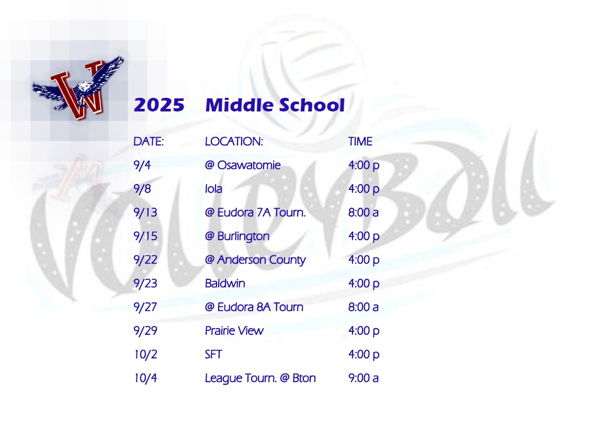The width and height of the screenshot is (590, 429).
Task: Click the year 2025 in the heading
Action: [x=159, y=105]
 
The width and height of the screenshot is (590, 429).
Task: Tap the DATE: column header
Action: [x=149, y=141]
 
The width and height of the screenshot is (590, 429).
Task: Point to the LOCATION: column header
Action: [x=233, y=141]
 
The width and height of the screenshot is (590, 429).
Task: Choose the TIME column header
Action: [x=360, y=141]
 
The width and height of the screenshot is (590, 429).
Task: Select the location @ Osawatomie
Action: [x=243, y=165]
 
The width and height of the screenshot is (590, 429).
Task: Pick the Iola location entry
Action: [x=213, y=189]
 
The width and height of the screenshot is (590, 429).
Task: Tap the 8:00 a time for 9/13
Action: [x=363, y=212]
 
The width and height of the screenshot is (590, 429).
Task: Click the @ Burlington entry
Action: [x=237, y=236]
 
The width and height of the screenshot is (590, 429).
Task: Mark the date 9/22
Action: [x=145, y=260]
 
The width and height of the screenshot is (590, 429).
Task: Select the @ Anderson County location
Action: [x=255, y=260]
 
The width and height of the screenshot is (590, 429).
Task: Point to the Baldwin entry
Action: [x=225, y=284]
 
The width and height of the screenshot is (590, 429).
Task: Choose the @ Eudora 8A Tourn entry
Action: [x=254, y=307]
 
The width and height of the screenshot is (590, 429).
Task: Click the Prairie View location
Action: [x=234, y=331]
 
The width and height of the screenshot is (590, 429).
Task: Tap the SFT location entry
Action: [x=213, y=354]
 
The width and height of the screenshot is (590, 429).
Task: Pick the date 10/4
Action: [x=145, y=378]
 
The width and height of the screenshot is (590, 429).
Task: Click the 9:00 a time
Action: [x=363, y=378]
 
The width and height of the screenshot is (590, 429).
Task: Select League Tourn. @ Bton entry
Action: [x=260, y=378]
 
